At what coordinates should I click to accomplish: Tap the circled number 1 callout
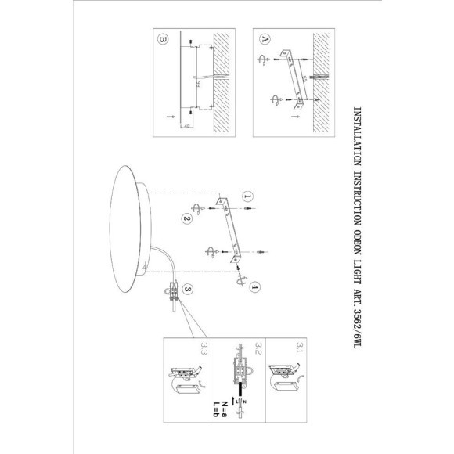[x=247, y=197]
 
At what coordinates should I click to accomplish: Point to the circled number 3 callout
[x=188, y=289]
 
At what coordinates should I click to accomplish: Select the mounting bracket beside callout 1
[x=229, y=231]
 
